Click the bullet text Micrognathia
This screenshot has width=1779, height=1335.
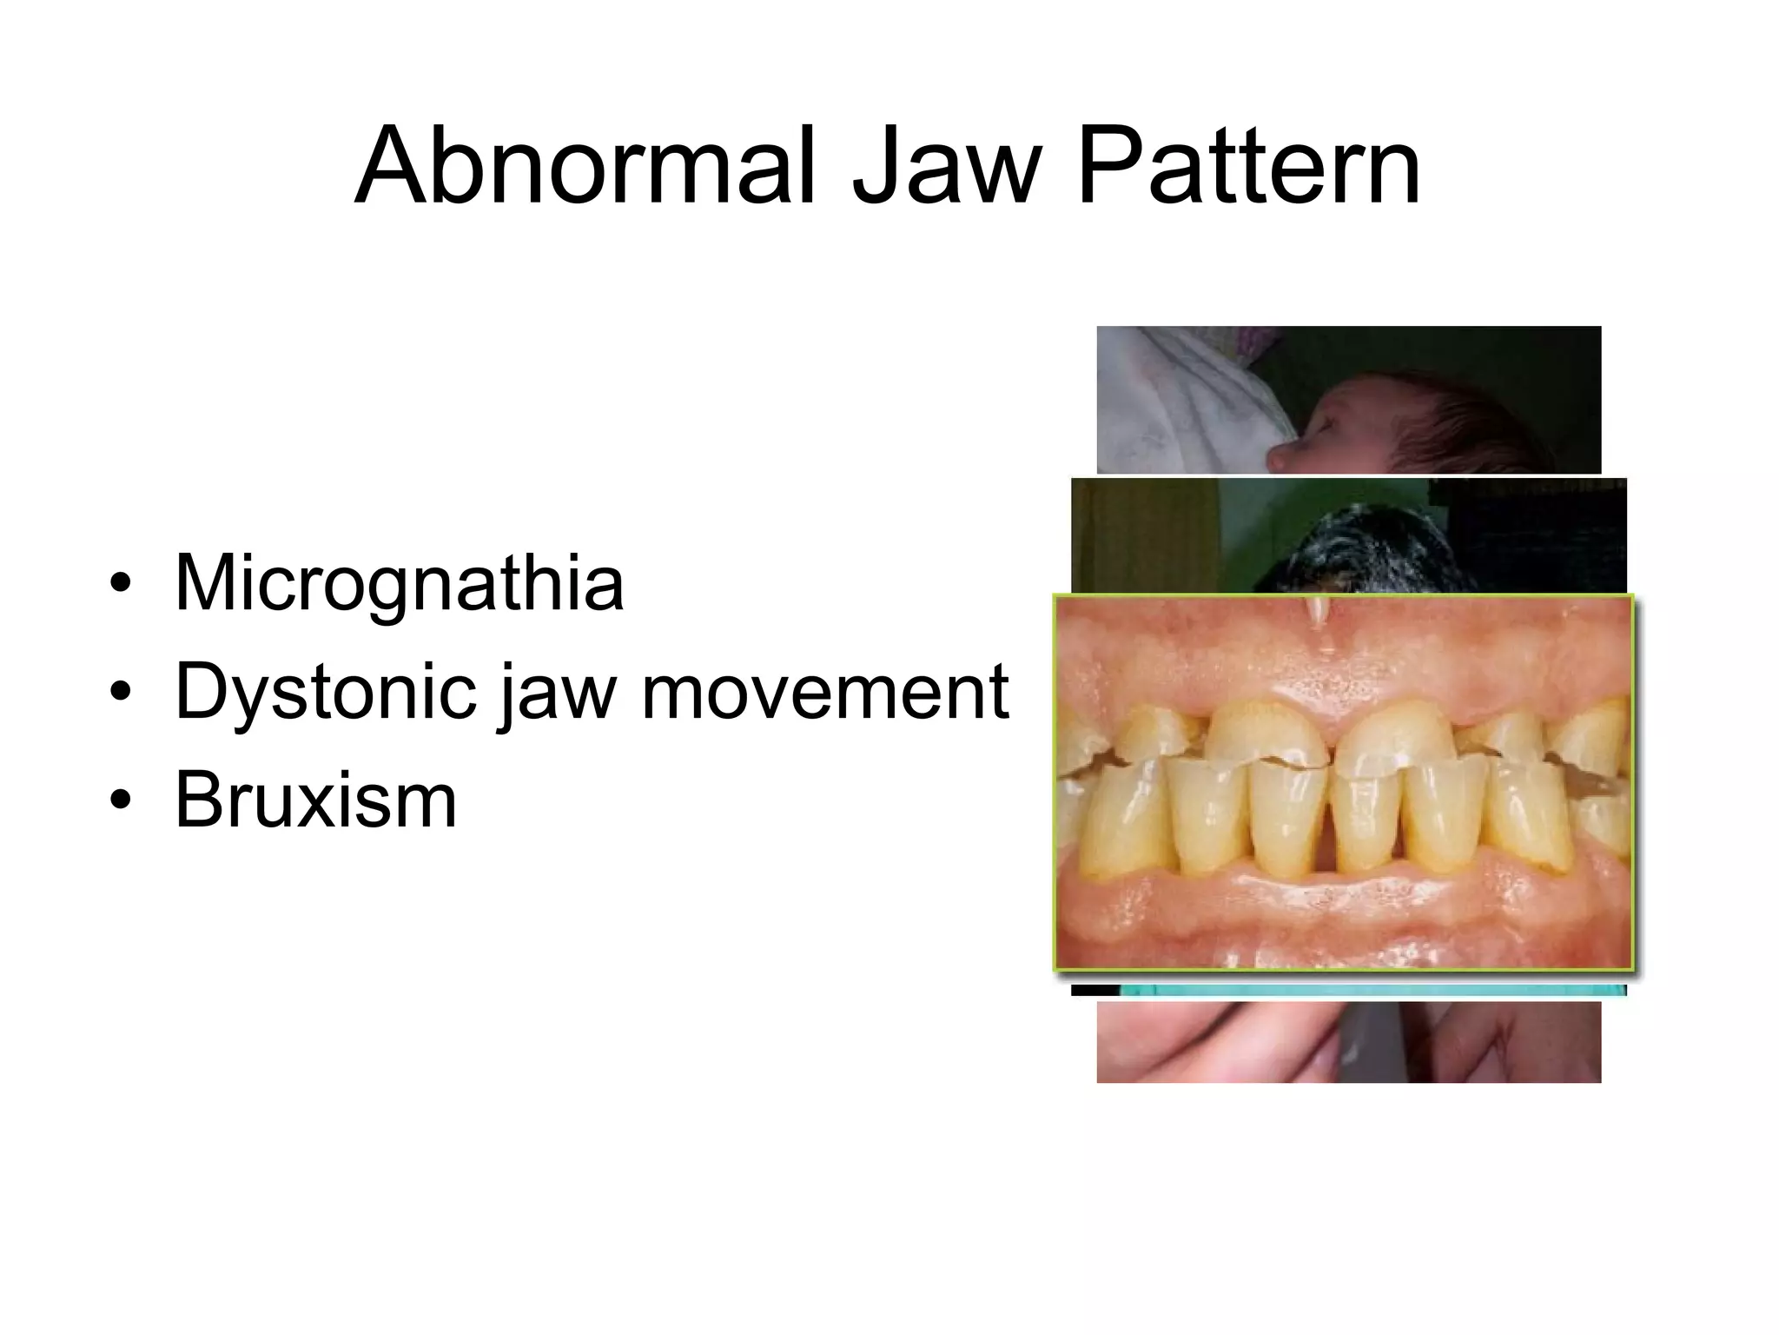click(399, 582)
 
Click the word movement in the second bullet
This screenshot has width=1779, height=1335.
click(824, 692)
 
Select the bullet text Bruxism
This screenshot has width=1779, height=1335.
click(315, 800)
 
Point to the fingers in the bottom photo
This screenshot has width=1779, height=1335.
click(1216, 1043)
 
